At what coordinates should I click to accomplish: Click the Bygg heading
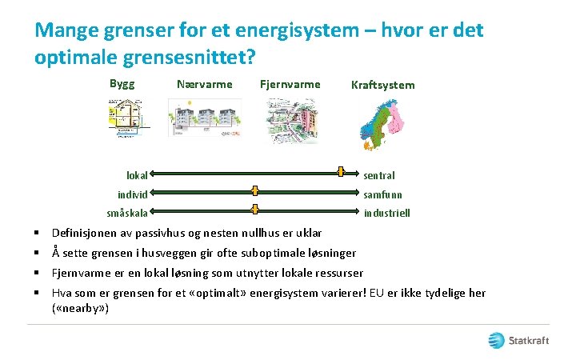click(x=122, y=83)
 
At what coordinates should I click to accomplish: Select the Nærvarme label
click(x=204, y=84)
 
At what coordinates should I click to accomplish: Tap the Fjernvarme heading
click(x=290, y=84)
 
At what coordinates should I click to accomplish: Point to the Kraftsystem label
click(x=382, y=85)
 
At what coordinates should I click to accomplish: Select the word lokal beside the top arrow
click(x=137, y=174)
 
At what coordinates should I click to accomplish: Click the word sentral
click(x=379, y=175)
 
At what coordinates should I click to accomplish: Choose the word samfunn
click(x=383, y=194)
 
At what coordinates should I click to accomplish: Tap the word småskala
click(x=127, y=213)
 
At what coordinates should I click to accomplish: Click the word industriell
click(x=387, y=214)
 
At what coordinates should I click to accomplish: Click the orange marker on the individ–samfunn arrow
click(x=254, y=191)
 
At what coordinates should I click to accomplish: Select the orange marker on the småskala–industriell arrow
click(x=254, y=210)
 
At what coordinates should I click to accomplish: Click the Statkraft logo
click(x=519, y=340)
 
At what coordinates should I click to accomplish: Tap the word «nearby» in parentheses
click(x=80, y=308)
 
